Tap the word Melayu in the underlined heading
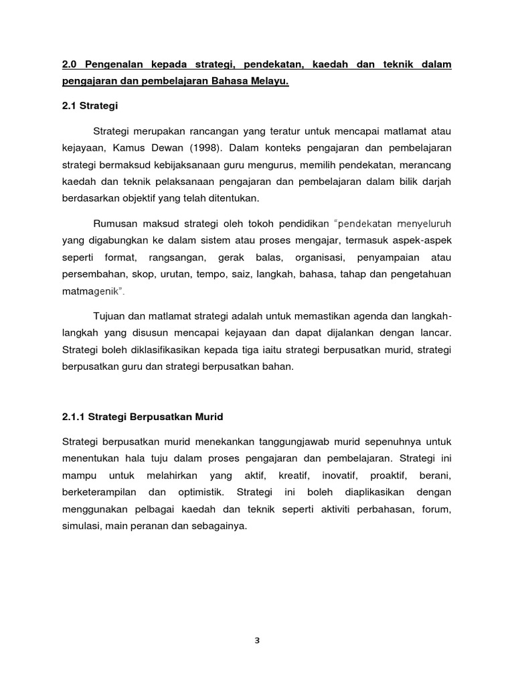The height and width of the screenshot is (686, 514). pos(270,82)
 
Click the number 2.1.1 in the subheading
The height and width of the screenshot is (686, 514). pos(73,417)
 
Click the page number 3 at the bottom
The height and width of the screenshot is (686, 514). pos(256,640)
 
